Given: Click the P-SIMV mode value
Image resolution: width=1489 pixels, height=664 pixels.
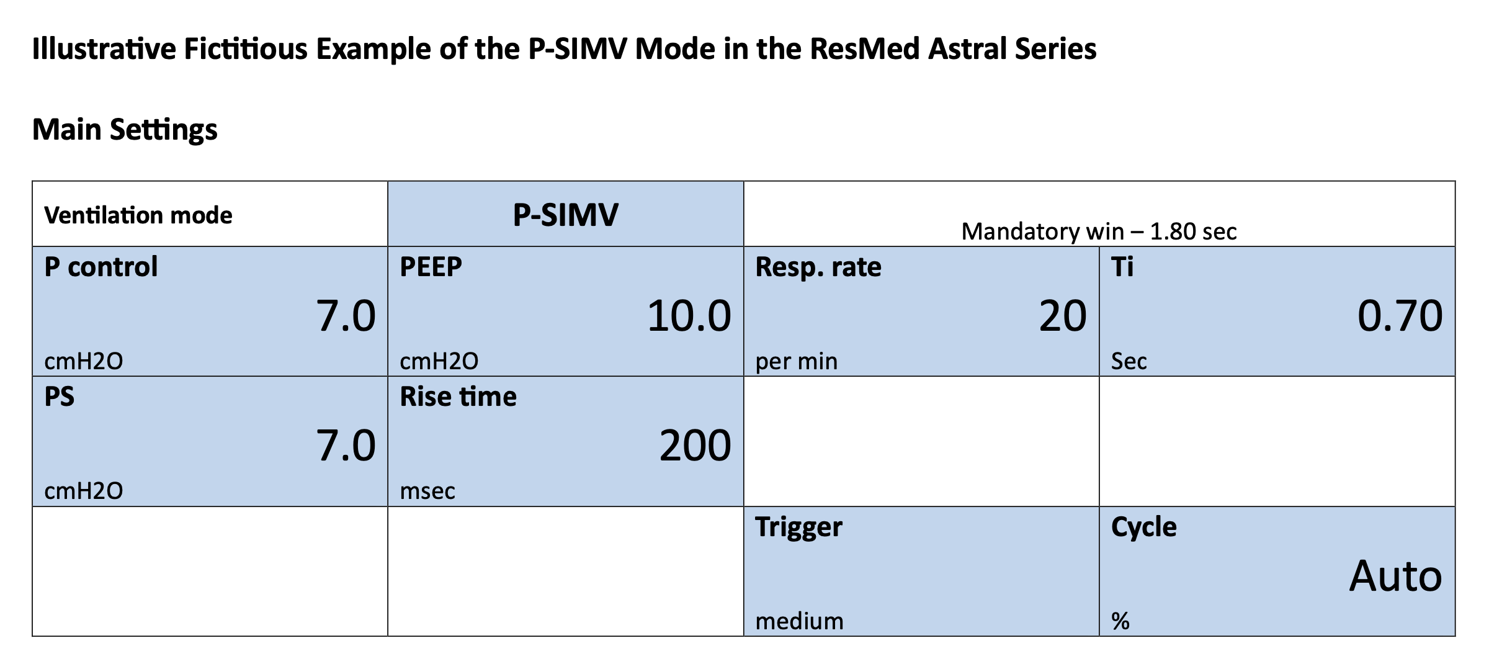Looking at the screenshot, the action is tap(565, 215).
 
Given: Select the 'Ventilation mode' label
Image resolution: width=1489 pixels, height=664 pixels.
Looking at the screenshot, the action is tap(138, 215).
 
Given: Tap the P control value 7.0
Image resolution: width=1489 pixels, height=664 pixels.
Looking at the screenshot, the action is tap(346, 316).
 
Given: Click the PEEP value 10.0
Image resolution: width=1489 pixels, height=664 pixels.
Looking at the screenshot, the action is tap(689, 316).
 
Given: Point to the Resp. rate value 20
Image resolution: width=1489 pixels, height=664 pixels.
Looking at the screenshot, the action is tap(1063, 316).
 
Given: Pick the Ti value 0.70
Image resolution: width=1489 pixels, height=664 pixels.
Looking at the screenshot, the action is tap(1400, 316).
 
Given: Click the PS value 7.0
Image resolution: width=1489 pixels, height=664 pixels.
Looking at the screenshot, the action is tap(346, 446).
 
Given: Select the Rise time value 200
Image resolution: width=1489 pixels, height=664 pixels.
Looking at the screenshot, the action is tap(695, 446).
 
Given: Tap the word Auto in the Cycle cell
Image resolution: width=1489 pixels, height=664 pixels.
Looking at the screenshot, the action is tap(1396, 576).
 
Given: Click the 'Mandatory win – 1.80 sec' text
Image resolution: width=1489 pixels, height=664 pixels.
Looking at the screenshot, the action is tap(1099, 231).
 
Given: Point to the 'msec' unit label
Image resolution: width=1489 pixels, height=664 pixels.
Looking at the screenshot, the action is tap(427, 491).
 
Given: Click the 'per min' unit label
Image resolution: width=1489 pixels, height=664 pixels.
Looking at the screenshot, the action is tap(796, 361).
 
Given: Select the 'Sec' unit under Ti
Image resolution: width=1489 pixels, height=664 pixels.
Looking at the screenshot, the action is tap(1129, 361).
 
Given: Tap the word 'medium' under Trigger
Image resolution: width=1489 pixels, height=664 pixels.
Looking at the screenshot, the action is tap(799, 621).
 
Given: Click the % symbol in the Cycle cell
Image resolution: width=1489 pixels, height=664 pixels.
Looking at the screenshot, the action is tap(1120, 621).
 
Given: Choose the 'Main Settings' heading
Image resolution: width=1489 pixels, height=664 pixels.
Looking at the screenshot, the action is tap(125, 130).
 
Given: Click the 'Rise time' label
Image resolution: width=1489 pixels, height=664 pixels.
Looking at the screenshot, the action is tap(458, 397).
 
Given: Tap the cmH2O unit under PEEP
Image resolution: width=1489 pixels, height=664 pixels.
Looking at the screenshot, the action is tap(439, 361).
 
